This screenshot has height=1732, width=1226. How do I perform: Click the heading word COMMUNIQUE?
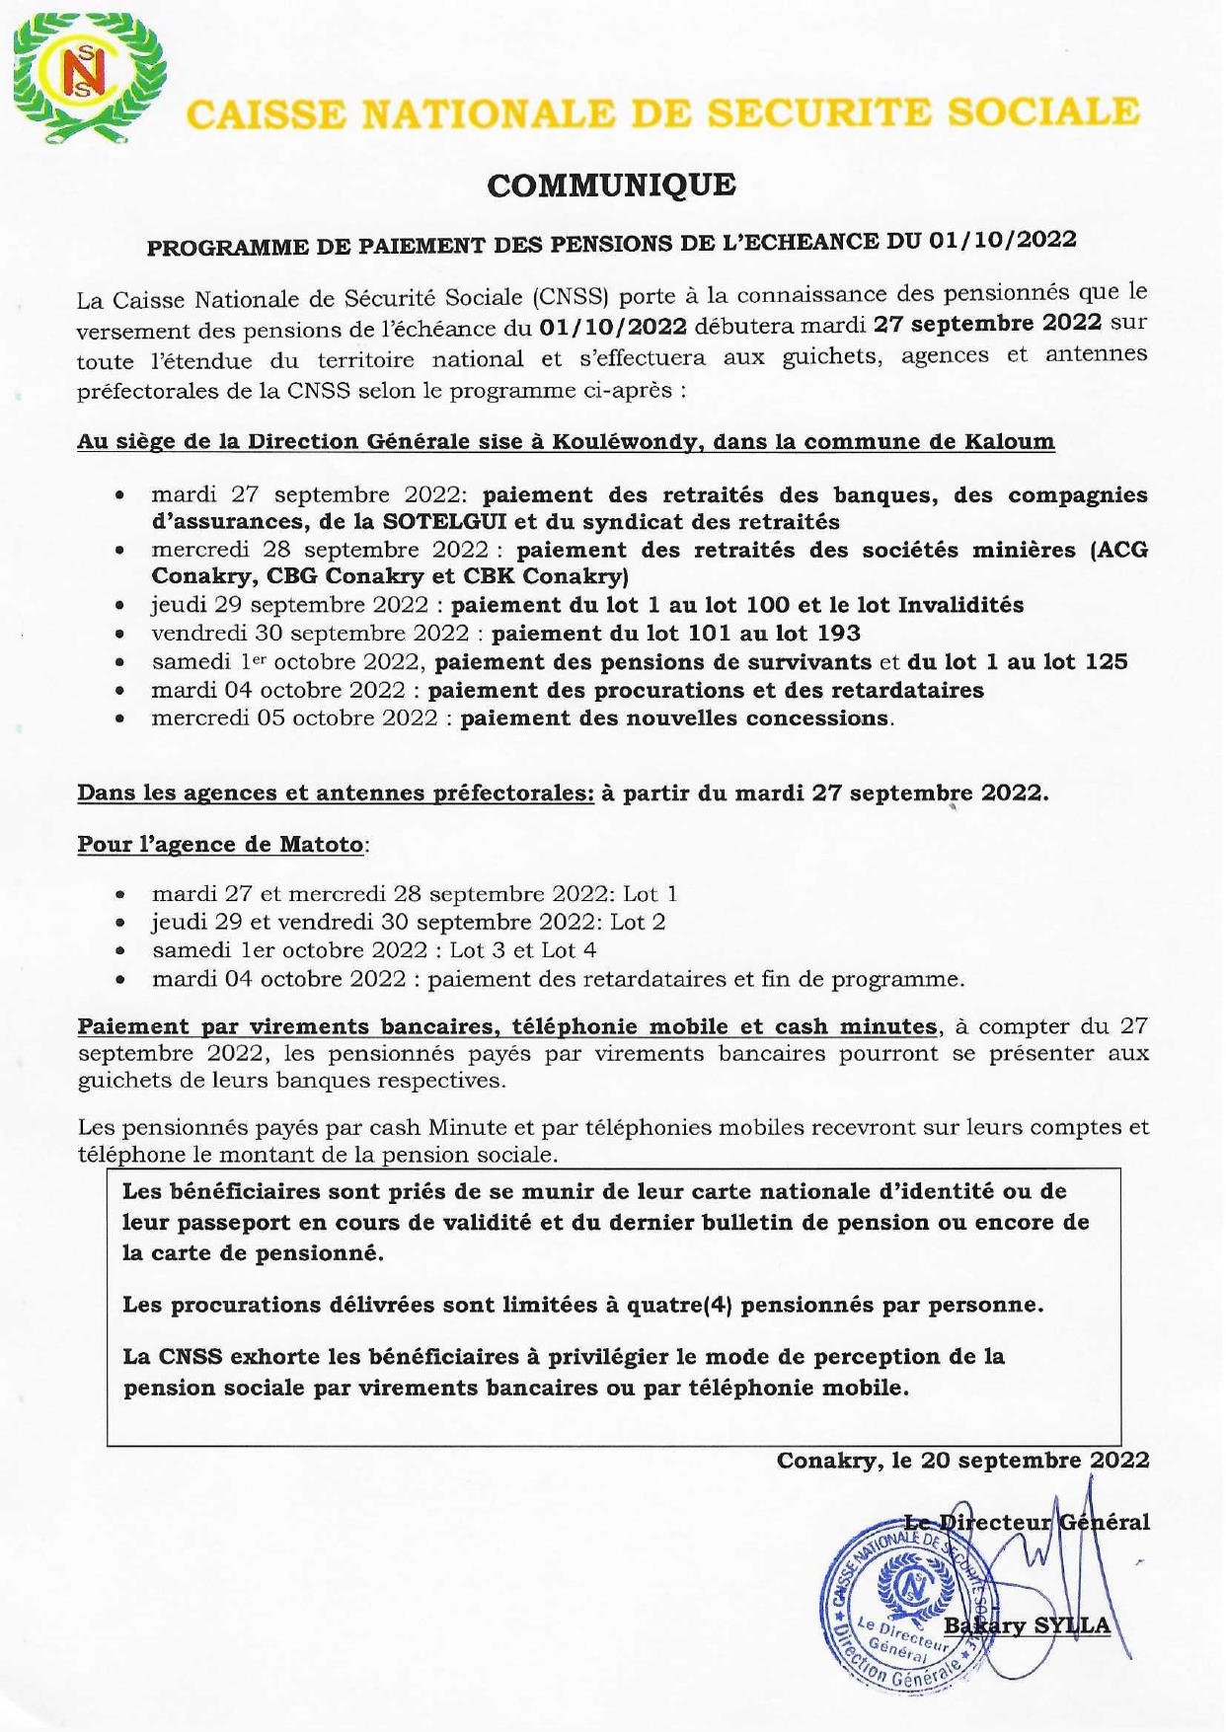tap(611, 185)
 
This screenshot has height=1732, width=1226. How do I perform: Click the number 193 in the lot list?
tap(839, 633)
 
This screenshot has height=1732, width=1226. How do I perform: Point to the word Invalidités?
tap(963, 605)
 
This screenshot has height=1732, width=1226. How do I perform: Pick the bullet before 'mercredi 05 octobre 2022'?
tap(118, 719)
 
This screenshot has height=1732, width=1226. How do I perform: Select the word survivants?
tap(813, 661)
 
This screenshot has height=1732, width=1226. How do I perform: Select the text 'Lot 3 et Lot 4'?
tap(523, 950)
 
